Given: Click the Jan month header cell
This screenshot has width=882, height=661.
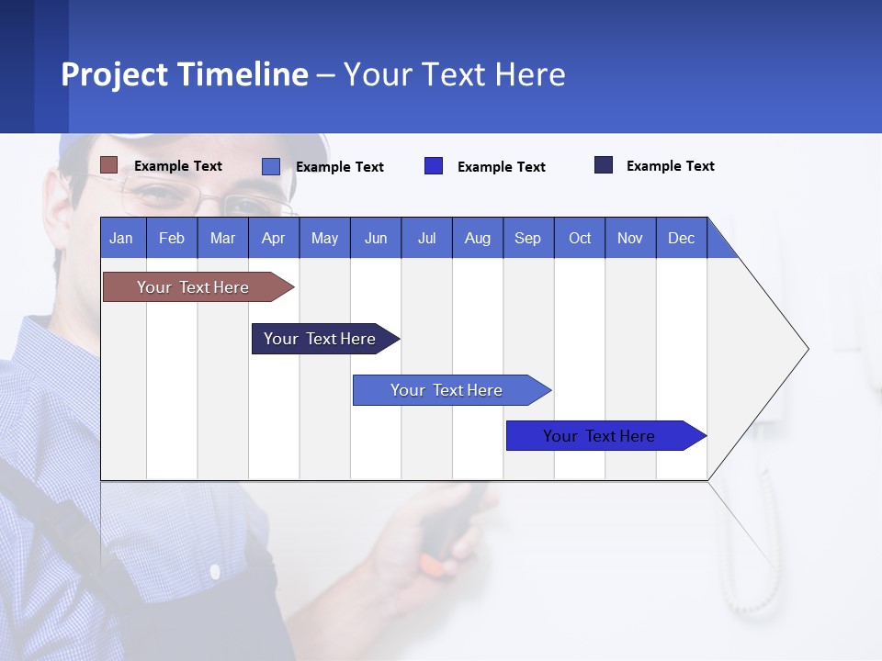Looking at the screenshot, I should (122, 238).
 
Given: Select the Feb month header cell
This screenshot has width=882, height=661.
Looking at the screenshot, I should (172, 238).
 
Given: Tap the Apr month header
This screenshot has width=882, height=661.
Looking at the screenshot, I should (274, 238).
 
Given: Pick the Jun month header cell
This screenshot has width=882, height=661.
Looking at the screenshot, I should (376, 238).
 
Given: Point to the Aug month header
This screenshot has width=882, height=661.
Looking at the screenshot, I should (478, 238).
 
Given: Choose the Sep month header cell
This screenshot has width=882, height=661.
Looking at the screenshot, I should (528, 238).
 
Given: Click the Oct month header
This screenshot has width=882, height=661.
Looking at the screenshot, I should (580, 238).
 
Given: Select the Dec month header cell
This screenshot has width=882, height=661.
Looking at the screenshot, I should (682, 238).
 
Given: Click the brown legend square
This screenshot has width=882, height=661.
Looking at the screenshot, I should (109, 165).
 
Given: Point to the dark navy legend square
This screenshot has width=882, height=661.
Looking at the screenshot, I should (604, 165).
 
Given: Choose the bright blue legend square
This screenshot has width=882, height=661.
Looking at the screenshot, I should (434, 166).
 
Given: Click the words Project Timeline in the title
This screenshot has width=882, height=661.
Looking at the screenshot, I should (184, 74).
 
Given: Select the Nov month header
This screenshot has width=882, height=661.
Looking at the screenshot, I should (630, 238).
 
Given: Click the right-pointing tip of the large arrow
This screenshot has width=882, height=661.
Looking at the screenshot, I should (807, 348).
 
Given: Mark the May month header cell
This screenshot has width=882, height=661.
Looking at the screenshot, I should (324, 238).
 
